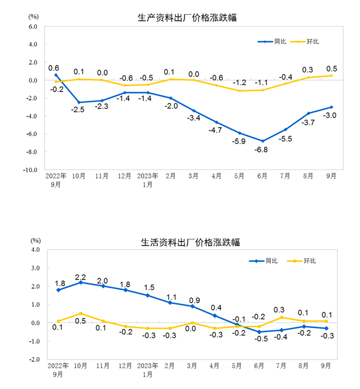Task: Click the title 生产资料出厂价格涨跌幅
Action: (x=187, y=18)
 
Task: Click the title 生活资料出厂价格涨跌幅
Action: (x=190, y=242)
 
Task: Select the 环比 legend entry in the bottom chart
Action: (x=302, y=261)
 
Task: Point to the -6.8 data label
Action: (x=262, y=150)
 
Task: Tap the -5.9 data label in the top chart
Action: (x=240, y=142)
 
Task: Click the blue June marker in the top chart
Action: (x=262, y=141)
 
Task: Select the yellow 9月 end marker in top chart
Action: (x=331, y=76)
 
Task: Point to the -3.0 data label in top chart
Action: (x=331, y=116)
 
